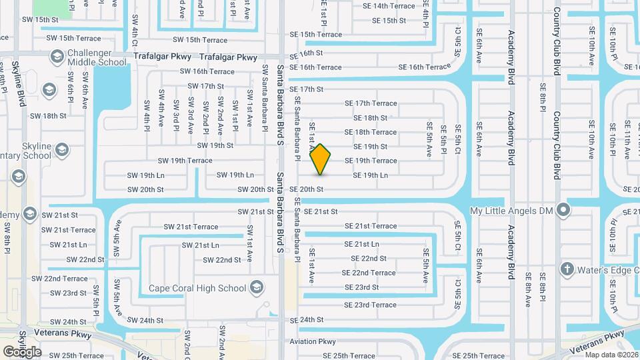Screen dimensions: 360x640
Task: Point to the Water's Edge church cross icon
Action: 567,269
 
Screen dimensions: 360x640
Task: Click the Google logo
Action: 22,352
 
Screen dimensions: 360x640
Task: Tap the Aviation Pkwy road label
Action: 313,342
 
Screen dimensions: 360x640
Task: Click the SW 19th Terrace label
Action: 185,161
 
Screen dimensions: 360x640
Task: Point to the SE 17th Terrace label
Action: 371,103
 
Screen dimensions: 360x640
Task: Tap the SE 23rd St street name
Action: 361,287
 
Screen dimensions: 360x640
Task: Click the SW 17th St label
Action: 205,86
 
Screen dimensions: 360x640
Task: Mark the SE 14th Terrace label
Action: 389,6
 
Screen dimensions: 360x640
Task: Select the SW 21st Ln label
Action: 197,245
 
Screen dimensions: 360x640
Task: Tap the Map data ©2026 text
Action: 611,355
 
